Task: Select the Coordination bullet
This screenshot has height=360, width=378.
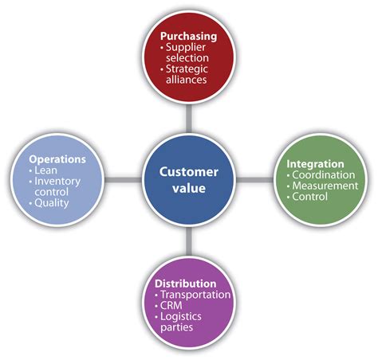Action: [x=324, y=176]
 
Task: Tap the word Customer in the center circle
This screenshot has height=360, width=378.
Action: [x=190, y=171]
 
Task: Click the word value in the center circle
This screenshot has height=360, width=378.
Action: [x=190, y=190]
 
